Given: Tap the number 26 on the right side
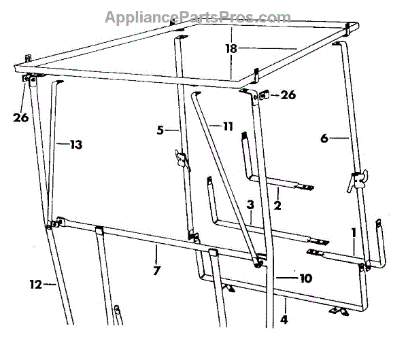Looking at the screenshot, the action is [288, 95].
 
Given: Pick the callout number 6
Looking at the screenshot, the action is [324, 138].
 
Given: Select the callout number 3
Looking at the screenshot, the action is [250, 204].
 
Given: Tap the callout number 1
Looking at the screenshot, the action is [353, 232].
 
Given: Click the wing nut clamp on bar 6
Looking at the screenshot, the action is [356, 181].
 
